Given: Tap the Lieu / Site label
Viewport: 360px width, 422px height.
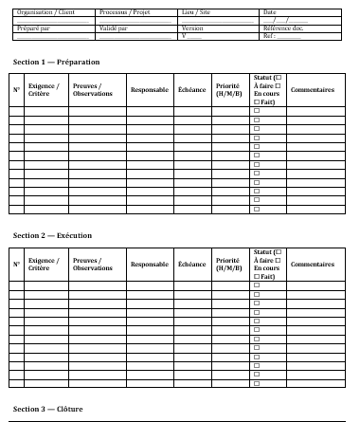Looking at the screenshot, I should coord(197,12).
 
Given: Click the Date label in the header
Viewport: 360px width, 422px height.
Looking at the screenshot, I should coord(269,12).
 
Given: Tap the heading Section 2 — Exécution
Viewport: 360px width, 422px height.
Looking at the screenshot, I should coord(53,234).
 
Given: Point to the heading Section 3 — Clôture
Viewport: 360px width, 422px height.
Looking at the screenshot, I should coord(48,409).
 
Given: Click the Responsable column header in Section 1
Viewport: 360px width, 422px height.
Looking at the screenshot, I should coord(149,90).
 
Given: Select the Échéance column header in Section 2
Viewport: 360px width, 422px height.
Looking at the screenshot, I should coord(191,264).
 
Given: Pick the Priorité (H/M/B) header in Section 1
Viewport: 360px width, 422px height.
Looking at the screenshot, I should coord(228,90).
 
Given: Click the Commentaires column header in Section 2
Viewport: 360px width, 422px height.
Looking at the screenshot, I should coord(312,264).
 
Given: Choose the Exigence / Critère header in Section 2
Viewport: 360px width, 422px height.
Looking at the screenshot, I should coord(44,264).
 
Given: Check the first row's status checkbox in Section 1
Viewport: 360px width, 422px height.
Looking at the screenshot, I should coord(257,111).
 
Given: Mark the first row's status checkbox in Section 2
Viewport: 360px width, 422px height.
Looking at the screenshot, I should coord(257,284).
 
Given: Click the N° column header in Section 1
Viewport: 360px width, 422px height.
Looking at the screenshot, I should coord(16,90).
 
